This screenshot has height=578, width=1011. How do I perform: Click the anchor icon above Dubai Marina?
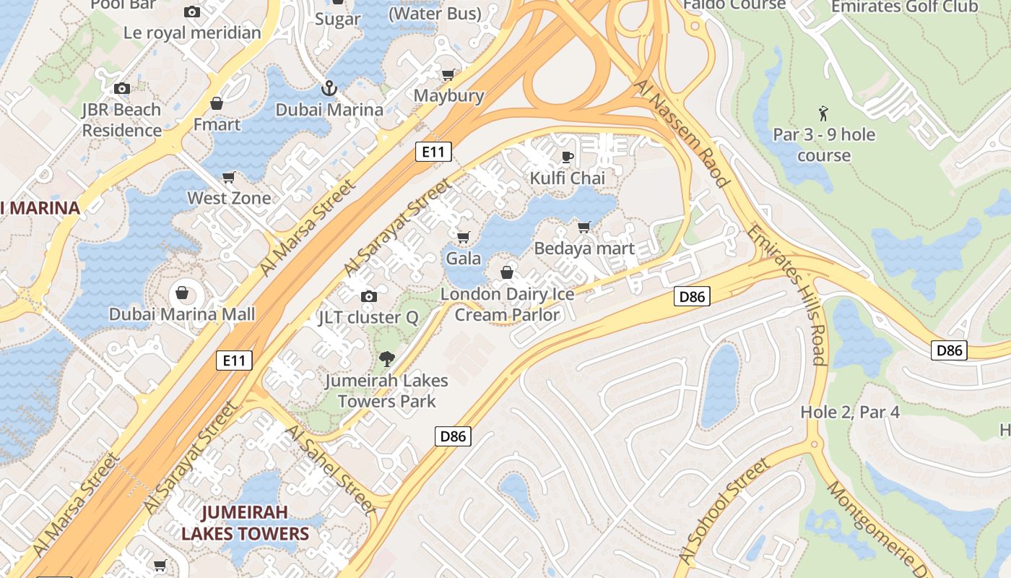(x=329, y=88)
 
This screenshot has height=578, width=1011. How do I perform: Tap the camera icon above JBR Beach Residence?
(x=122, y=88)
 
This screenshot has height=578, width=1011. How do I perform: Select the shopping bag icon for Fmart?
(x=216, y=104)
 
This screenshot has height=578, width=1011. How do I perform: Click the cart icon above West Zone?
(x=229, y=177)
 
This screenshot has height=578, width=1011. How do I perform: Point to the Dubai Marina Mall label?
(x=182, y=314)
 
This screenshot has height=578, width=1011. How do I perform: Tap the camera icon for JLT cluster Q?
(x=369, y=296)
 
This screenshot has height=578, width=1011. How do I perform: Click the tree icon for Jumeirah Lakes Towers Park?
(x=387, y=358)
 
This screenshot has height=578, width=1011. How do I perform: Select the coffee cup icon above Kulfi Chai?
(x=568, y=157)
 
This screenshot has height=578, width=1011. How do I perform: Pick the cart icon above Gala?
(x=464, y=237)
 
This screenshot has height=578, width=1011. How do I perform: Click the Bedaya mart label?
(x=584, y=249)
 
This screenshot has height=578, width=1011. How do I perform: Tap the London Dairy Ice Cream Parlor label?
(x=507, y=304)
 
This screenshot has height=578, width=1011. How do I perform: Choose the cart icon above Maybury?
(x=448, y=74)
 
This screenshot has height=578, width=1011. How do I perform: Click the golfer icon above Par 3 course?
(x=824, y=113)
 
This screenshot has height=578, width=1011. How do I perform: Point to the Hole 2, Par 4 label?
(x=850, y=412)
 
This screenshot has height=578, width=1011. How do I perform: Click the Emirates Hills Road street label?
(x=786, y=296)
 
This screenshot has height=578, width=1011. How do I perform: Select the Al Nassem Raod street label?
(x=681, y=134)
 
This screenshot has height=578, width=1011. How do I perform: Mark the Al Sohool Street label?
(x=724, y=512)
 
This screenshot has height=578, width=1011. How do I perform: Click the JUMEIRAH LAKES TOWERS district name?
(x=245, y=523)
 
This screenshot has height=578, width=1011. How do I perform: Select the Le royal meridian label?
(x=192, y=33)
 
